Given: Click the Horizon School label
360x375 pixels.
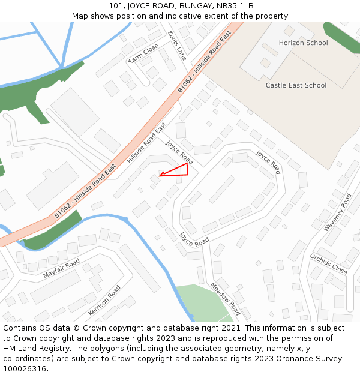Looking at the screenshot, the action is tap(303, 43).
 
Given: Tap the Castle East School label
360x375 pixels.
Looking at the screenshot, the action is tap(296, 85).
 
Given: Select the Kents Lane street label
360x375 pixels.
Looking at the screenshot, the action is tap(178, 46).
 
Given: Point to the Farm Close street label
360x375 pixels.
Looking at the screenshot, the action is tap(143, 52).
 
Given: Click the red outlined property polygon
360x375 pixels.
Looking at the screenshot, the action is tap(179, 170).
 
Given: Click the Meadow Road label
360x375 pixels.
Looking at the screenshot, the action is tap(225, 299).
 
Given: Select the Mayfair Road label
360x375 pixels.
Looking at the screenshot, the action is tap(61, 268).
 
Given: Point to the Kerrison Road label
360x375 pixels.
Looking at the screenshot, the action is tap(104, 301).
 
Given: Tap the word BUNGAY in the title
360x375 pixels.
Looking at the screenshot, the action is tap(190, 6).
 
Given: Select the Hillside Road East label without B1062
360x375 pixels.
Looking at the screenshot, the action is tap(146, 143).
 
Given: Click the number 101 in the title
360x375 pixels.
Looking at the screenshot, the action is tap(116, 6).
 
